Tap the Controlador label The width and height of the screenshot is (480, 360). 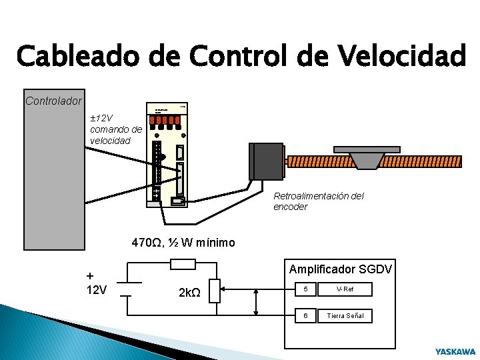tap(53, 101)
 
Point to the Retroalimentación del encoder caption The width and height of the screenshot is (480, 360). tap(319, 201)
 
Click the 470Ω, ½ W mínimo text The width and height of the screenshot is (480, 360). tap(183, 243)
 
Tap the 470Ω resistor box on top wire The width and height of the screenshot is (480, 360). tap(183, 265)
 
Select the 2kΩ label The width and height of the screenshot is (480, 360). tap(191, 291)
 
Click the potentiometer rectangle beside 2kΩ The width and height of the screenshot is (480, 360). tap(214, 291)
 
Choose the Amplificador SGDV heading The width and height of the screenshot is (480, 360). tap(341, 269)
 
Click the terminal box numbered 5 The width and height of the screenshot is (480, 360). tap(305, 290)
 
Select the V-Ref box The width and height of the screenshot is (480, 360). tap(345, 290)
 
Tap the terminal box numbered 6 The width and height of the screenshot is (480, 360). tap(305, 315)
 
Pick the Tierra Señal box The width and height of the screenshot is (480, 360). tap(345, 315)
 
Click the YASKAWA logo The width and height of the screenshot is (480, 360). tap(455, 351)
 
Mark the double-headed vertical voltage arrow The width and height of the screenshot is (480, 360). tap(257, 302)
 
